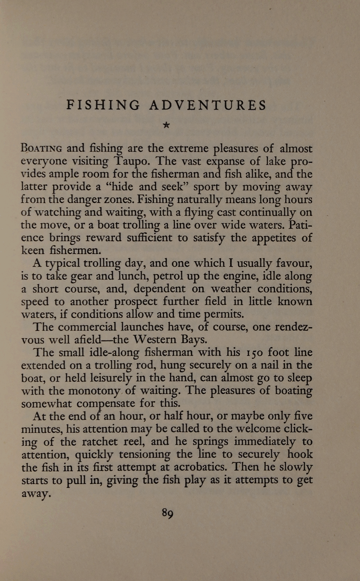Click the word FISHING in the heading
click(x=103, y=105)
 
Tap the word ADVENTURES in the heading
click(x=208, y=105)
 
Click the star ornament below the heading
click(x=166, y=125)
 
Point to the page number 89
click(x=167, y=513)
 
